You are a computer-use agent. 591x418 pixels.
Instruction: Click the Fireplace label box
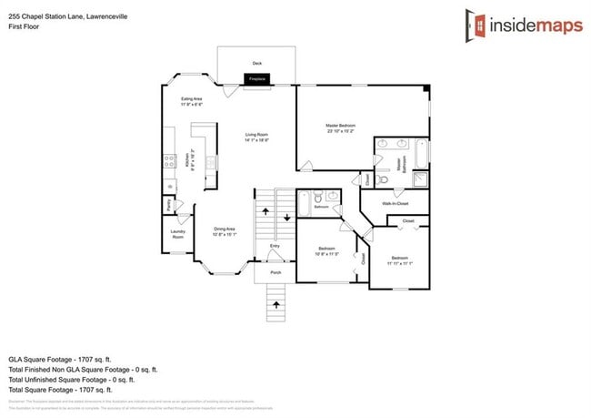coord(256,80)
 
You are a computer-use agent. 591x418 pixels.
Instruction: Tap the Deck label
coord(256,63)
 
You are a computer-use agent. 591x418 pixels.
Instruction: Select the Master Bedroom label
coord(340,125)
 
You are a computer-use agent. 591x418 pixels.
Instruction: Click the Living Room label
coord(256,135)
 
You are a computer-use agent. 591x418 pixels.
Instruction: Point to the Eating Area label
coord(192,98)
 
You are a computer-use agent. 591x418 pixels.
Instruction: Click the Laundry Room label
coord(177,234)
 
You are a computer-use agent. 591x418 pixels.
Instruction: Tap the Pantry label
coord(171,206)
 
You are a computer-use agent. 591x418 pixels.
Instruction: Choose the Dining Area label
coord(225,229)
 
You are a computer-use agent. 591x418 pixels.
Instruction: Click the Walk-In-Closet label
coord(396,204)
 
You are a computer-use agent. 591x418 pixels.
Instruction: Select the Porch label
coord(275,272)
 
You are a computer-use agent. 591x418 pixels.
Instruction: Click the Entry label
coord(275,247)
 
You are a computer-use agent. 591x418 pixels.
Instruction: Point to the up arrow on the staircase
coord(265,211)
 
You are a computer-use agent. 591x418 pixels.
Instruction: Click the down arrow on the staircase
coord(286,218)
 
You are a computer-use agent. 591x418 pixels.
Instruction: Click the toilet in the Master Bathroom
coord(383,180)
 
